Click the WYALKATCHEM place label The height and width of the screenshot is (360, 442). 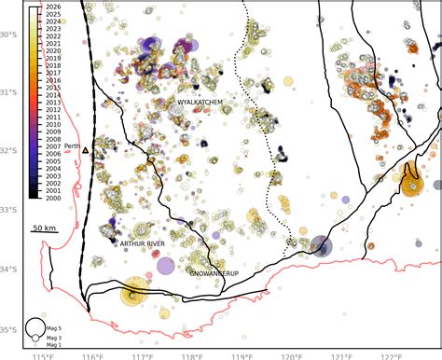point(199,103)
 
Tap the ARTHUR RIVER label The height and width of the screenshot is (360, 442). point(144,243)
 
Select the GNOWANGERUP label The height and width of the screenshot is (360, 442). point(214,274)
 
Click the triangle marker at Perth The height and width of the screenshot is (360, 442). point(85,149)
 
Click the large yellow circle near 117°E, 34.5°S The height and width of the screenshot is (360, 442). point(135,295)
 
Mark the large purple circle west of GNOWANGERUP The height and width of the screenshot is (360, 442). point(165,266)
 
